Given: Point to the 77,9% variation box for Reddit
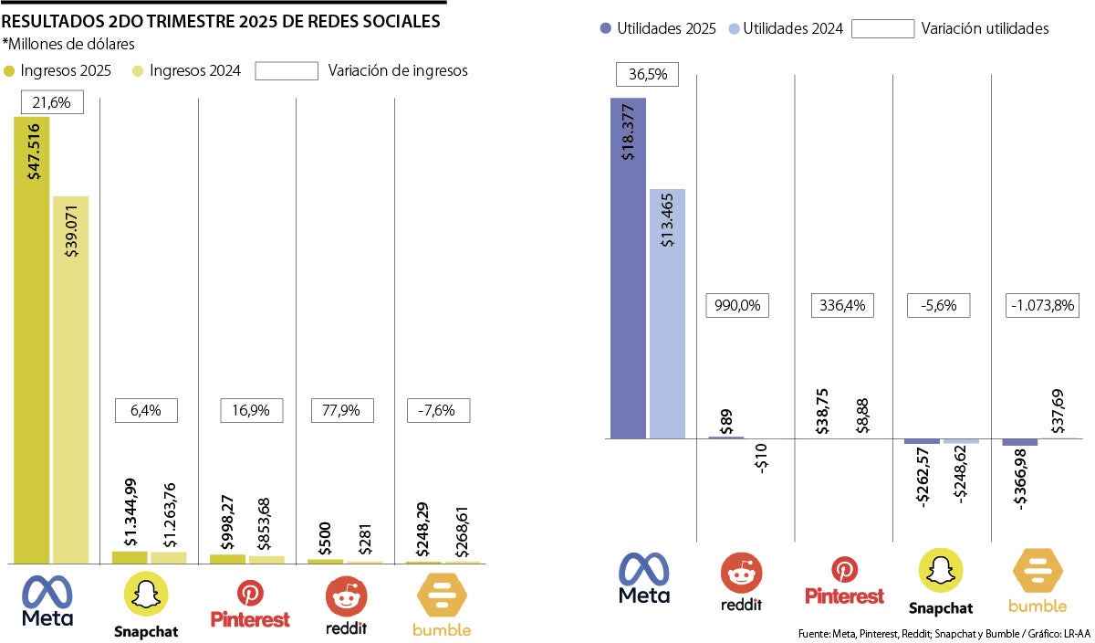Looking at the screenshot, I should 343,411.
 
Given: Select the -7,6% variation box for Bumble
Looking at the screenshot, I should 438,411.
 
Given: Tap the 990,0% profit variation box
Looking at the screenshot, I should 737,306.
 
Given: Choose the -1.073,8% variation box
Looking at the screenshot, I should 1043,306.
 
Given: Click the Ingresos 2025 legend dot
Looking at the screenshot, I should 10,70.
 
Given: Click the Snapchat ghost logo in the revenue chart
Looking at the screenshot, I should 146,596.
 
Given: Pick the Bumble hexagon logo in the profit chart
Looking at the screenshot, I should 1038,573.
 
